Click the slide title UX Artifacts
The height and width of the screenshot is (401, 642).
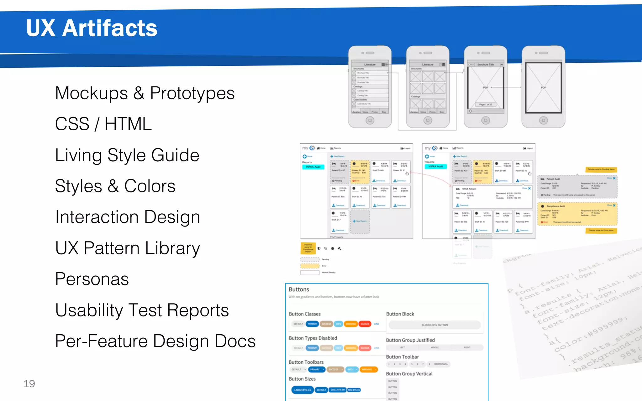click(x=92, y=28)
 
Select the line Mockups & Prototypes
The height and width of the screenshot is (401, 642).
click(x=145, y=93)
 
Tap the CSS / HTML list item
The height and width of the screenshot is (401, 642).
click(x=103, y=124)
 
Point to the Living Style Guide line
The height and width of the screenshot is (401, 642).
click(x=127, y=155)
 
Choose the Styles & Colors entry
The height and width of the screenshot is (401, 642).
click(x=115, y=186)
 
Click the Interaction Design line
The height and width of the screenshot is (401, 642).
click(x=128, y=217)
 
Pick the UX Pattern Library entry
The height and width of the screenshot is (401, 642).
click(x=128, y=248)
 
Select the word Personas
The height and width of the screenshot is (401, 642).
click(x=92, y=279)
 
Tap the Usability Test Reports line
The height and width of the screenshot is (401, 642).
click(x=142, y=310)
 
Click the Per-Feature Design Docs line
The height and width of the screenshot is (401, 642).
click(x=155, y=341)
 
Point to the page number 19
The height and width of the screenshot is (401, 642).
click(x=29, y=384)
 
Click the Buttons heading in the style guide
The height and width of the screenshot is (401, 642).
click(x=299, y=289)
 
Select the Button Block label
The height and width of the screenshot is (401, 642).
click(x=400, y=314)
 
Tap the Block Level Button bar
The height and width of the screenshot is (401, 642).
click(x=434, y=325)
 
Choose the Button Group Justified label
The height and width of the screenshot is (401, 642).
click(x=410, y=340)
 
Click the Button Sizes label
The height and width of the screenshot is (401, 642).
click(x=302, y=379)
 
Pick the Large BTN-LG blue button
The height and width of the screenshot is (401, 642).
click(x=303, y=390)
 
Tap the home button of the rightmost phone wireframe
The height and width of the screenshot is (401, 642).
click(x=543, y=120)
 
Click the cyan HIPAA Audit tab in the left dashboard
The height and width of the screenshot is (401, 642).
click(x=313, y=167)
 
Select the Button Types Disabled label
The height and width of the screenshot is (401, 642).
click(x=313, y=338)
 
